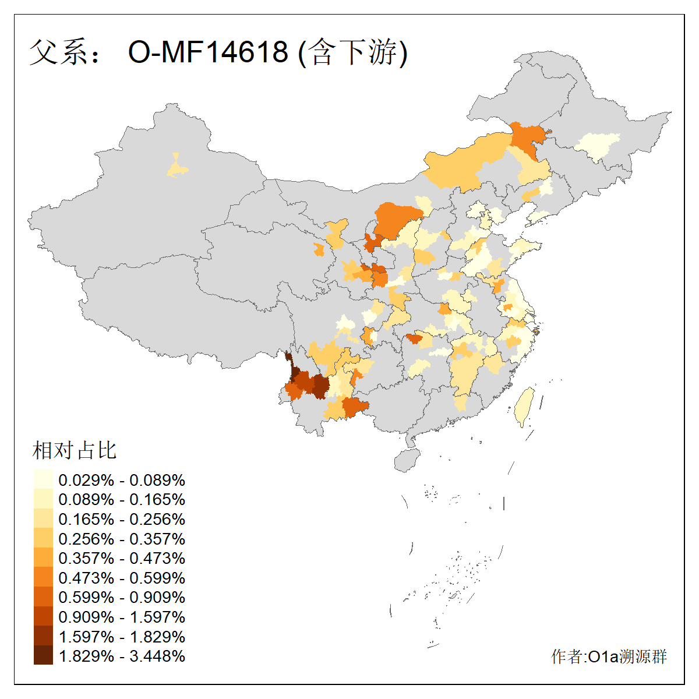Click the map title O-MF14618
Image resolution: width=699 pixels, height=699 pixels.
(208, 52)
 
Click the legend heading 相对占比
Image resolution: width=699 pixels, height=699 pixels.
(75, 450)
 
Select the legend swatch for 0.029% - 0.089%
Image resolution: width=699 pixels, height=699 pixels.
(43, 480)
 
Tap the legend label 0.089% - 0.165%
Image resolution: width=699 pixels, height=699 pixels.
(122, 500)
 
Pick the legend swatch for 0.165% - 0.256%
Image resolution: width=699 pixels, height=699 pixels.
(43, 519)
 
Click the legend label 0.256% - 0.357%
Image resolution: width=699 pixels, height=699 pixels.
(122, 539)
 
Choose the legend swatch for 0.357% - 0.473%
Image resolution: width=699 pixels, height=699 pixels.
(43, 558)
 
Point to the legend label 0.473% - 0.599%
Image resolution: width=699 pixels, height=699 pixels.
(122, 578)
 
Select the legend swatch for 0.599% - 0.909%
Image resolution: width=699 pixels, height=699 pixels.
(43, 597)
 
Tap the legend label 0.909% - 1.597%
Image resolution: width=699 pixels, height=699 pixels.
(122, 617)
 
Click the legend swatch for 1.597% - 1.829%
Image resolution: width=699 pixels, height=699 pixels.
(43, 636)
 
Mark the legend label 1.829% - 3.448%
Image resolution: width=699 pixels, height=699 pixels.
(122, 656)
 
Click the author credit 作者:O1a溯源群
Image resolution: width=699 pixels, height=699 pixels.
(609, 656)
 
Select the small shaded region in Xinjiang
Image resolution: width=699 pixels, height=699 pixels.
(177, 168)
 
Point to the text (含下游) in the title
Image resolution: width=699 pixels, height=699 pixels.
(352, 52)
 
